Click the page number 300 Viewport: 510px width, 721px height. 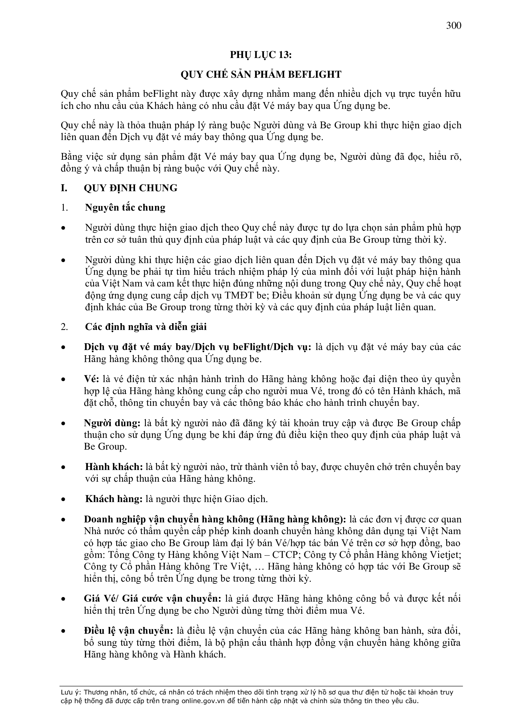click(x=454, y=25)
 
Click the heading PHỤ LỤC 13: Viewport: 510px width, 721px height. click(x=261, y=55)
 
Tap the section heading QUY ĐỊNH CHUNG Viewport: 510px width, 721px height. click(x=131, y=188)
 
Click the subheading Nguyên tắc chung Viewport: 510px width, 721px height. click(x=125, y=208)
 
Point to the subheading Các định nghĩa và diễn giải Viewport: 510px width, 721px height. click(x=146, y=327)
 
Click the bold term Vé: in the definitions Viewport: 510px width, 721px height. click(x=91, y=379)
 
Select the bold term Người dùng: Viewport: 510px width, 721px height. click(x=112, y=423)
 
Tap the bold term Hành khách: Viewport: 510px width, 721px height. click(x=114, y=467)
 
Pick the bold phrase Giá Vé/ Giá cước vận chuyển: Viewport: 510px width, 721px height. click(x=152, y=599)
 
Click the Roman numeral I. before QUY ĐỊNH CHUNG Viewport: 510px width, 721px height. click(x=64, y=188)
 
